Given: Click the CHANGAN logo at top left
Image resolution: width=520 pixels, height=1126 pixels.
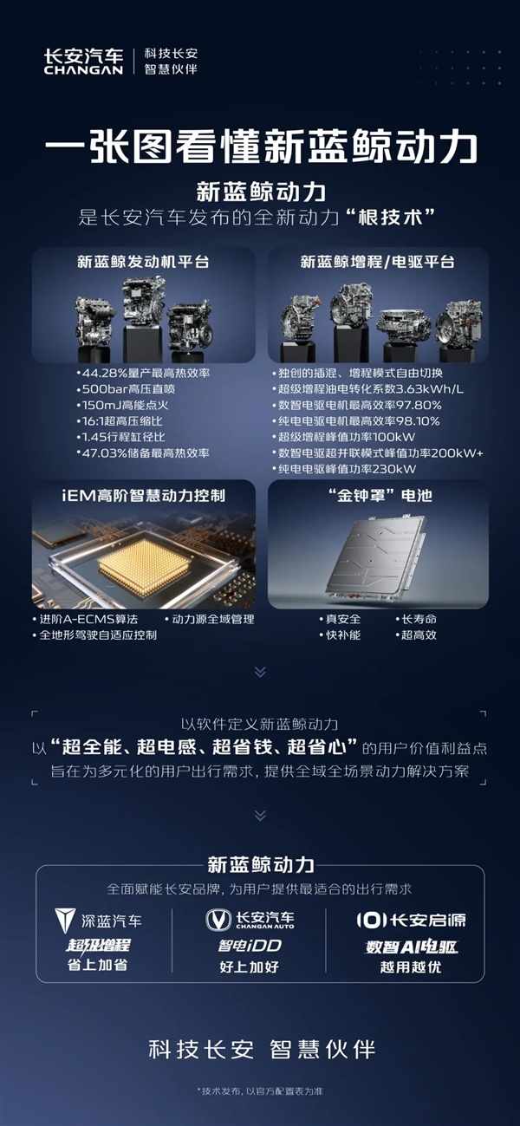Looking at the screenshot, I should point(83,61).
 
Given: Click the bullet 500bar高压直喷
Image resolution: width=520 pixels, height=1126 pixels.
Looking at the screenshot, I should point(126,388).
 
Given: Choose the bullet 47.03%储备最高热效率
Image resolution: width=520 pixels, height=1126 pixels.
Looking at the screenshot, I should point(143,452).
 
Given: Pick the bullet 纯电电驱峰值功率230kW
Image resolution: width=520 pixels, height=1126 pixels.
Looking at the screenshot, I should point(343,468).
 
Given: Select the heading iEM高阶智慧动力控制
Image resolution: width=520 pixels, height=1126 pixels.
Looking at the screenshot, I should point(144,495).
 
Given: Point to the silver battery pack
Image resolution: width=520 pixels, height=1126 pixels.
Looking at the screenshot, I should point(378,559).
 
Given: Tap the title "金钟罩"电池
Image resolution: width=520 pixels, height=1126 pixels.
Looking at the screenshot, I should point(378,495).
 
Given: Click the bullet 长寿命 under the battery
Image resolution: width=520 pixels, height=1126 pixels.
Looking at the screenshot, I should point(419,619).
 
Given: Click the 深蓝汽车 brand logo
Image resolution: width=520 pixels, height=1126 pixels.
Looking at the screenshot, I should point(98,920).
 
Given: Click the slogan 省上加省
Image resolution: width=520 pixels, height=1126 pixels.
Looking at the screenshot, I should point(97,964).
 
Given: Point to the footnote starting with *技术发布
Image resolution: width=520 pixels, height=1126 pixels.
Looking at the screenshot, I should point(260,1090).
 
